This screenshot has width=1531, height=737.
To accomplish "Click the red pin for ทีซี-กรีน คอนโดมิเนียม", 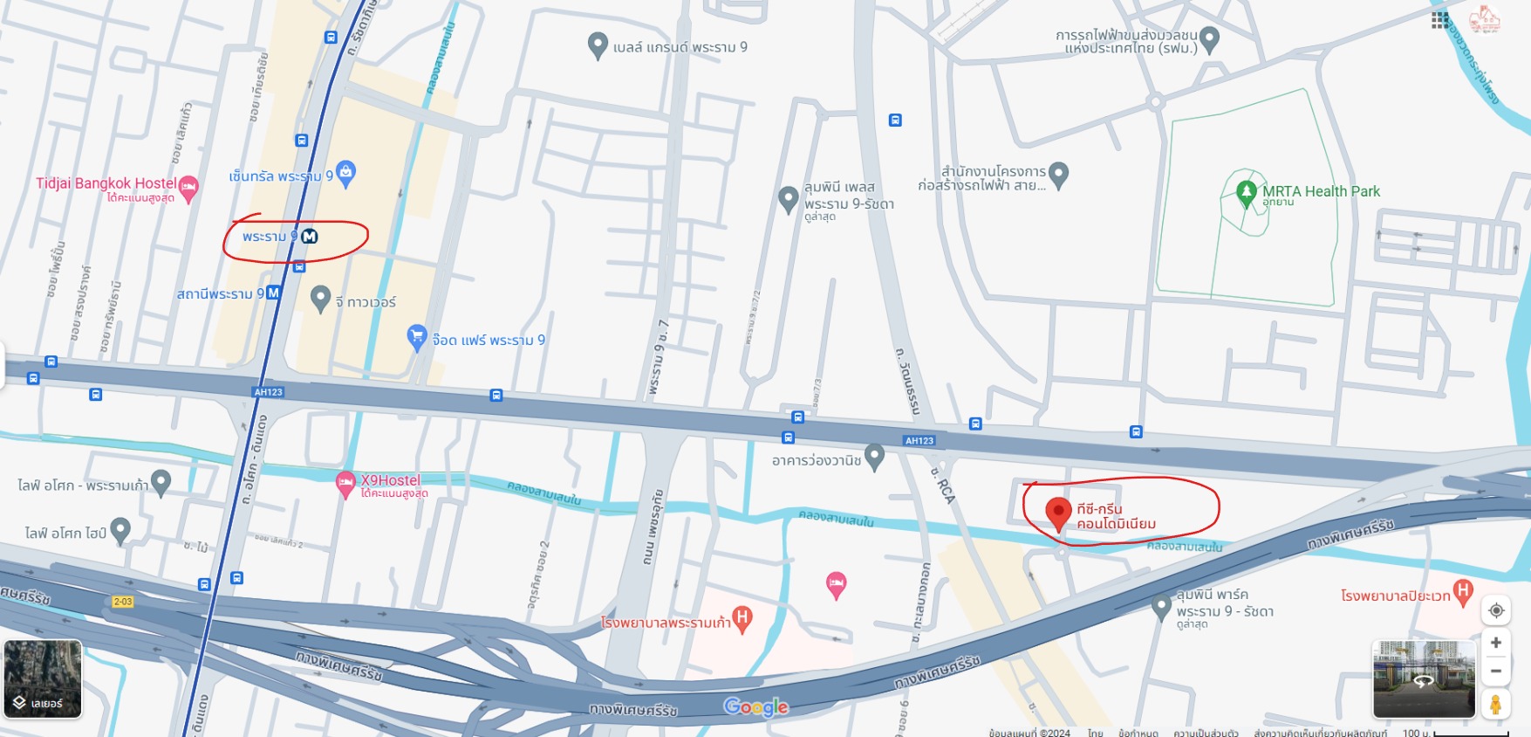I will pyautogui.click(x=1057, y=513).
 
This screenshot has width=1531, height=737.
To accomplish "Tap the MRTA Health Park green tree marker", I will pyautogui.click(x=1247, y=191).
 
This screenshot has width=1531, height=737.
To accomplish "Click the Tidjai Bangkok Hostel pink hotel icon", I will pyautogui.click(x=188, y=187).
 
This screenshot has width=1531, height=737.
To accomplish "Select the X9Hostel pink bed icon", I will pyautogui.click(x=346, y=482).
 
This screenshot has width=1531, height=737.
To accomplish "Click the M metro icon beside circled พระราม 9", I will pyautogui.click(x=310, y=237).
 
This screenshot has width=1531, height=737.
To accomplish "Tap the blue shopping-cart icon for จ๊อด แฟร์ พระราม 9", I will pyautogui.click(x=417, y=336).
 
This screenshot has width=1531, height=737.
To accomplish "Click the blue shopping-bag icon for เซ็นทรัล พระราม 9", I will pyautogui.click(x=345, y=172).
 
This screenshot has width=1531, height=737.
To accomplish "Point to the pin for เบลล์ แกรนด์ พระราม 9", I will pyautogui.click(x=598, y=45).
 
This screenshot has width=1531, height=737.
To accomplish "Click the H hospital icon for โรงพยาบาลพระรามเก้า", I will pyautogui.click(x=742, y=618).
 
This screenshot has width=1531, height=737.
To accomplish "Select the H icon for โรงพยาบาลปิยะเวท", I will pyautogui.click(x=1463, y=591).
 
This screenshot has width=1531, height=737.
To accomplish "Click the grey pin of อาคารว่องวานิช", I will pyautogui.click(x=875, y=456).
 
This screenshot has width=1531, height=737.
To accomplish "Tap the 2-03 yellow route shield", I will pyautogui.click(x=123, y=602).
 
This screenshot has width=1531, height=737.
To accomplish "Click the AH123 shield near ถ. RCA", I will pyautogui.click(x=919, y=441).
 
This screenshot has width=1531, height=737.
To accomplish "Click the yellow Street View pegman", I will pyautogui.click(x=1495, y=704).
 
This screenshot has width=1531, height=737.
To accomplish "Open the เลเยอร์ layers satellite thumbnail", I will pyautogui.click(x=43, y=679).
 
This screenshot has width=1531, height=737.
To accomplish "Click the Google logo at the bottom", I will pyautogui.click(x=755, y=706).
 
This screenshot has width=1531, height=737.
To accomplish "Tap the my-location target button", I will pyautogui.click(x=1496, y=610).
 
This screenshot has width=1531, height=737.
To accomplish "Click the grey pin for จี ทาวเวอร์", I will pyautogui.click(x=320, y=298).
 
